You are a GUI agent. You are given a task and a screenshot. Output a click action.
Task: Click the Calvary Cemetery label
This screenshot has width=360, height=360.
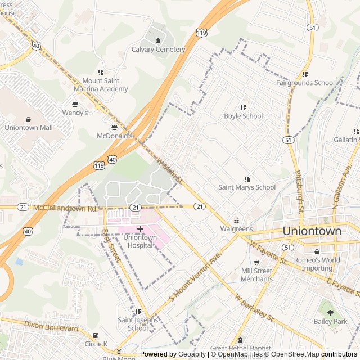click(x=158, y=49)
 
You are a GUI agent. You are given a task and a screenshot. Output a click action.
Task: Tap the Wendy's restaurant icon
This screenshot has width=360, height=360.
click(x=75, y=104)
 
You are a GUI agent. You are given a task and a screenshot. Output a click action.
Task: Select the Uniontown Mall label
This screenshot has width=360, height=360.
click(x=28, y=128)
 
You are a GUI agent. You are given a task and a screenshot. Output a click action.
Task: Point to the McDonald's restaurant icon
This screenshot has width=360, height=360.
click(x=115, y=127)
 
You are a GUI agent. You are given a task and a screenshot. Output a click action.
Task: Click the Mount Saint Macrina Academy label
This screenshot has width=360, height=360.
click(x=101, y=85)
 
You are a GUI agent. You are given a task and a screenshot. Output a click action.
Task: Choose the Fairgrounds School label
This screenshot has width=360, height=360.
click(x=305, y=83)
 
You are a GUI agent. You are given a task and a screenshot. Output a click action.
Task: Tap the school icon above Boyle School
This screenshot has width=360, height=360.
click(x=244, y=107)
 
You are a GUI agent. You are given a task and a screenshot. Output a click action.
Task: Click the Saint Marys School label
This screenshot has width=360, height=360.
click(x=247, y=187)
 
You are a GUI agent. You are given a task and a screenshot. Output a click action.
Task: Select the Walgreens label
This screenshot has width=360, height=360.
click(x=236, y=229)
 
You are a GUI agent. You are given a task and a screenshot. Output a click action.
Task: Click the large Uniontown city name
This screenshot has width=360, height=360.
click(x=312, y=231)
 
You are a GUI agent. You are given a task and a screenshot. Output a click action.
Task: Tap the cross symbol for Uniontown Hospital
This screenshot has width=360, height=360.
click(x=140, y=228)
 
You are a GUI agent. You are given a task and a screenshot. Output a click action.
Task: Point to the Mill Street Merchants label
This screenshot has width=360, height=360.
click(x=256, y=275)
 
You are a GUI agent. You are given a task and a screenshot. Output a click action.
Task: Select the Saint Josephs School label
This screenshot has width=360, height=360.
click(x=133, y=324)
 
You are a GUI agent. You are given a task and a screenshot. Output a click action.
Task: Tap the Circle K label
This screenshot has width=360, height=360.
click(x=96, y=344)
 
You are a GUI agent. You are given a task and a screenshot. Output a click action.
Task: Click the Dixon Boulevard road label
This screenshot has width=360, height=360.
click(x=51, y=327)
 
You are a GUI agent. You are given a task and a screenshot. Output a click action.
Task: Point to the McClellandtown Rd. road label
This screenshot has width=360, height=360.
click(x=65, y=208)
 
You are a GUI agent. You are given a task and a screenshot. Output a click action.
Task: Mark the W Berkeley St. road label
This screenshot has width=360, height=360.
click(x=254, y=308)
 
